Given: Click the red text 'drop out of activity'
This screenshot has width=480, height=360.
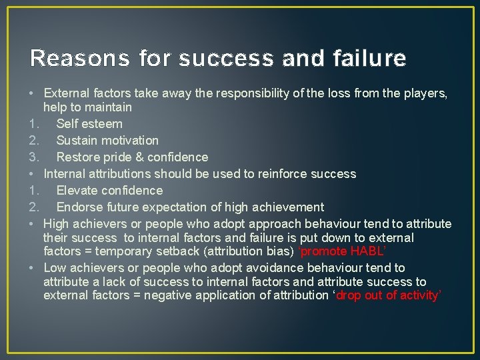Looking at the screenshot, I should [389, 295].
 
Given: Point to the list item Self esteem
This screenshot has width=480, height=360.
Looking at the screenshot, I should [89, 123].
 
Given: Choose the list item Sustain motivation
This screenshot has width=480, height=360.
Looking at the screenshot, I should [107, 140].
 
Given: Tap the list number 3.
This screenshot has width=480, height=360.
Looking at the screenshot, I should [34, 157].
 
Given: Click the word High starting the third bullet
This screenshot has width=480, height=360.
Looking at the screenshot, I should [56, 223].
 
